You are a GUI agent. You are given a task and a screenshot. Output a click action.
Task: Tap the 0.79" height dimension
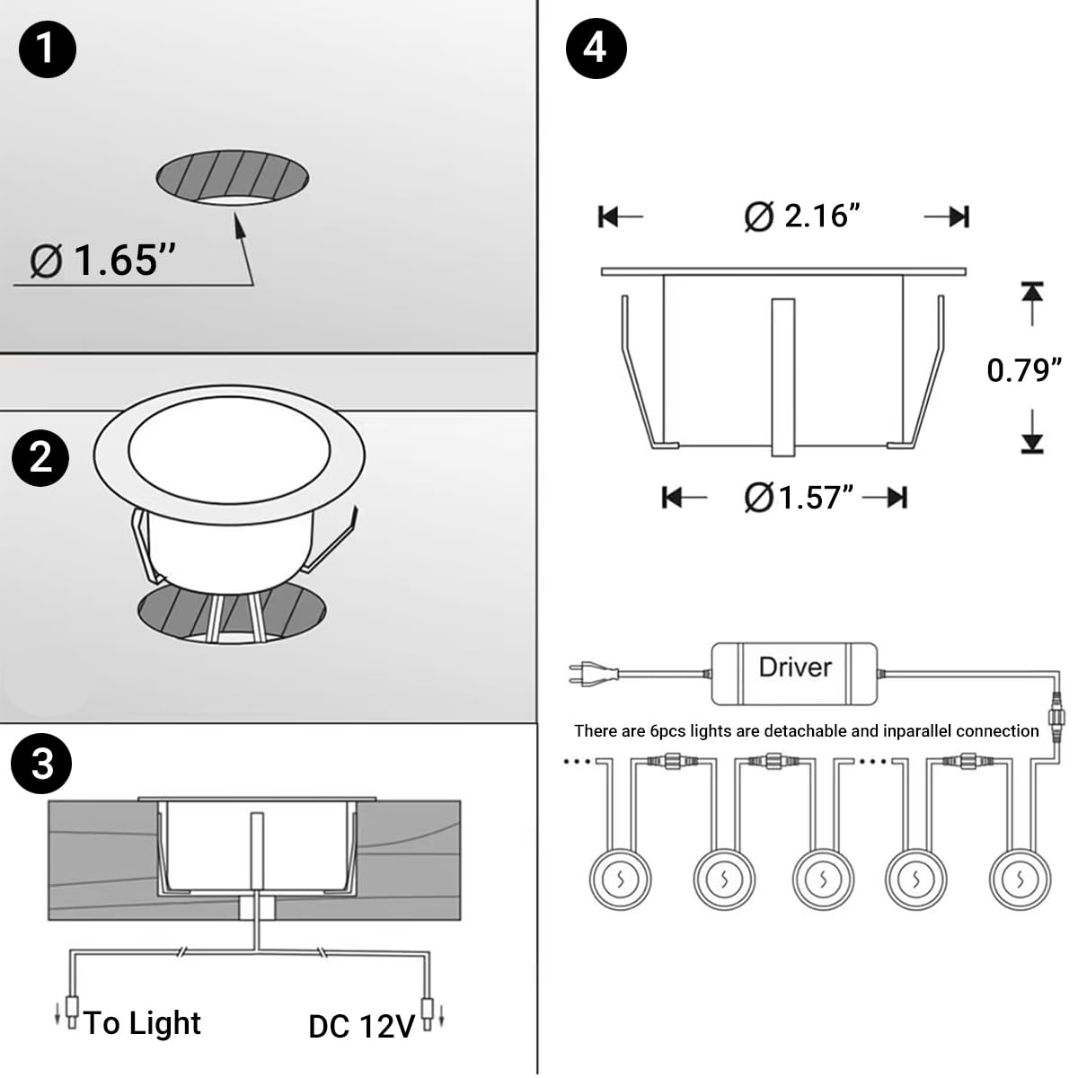click(1023, 369)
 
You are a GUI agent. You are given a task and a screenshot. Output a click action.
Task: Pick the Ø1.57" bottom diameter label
click(799, 497)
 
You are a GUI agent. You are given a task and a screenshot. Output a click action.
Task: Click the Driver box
click(794, 673)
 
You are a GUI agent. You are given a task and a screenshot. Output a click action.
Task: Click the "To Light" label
click(143, 1022)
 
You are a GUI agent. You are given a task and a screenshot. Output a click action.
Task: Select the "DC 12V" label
click(361, 1026)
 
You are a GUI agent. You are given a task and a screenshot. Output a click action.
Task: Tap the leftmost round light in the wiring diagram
click(619, 879)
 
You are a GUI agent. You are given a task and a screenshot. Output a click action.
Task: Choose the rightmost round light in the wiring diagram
click(1020, 879)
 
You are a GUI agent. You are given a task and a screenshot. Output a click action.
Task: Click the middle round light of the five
click(822, 879)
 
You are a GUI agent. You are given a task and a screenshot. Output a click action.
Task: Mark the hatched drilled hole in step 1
click(233, 176)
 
